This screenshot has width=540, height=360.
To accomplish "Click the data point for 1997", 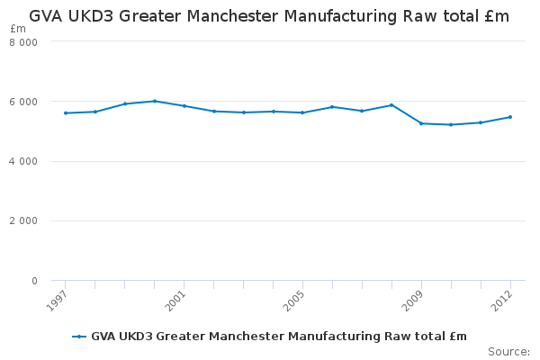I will pos(66,113).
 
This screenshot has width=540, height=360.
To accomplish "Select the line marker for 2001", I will pos(184,106).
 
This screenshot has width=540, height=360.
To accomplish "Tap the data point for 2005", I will pos(302,112).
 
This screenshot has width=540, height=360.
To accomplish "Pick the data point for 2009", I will pos(421,123).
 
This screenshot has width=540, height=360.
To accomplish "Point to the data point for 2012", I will pos(510,117).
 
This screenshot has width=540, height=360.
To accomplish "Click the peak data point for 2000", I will pos(155,101).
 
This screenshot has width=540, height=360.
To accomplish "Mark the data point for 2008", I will pos(391,105).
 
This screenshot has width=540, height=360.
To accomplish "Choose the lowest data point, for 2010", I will pos(451,125).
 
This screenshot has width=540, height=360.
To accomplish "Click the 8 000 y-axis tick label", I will pos(23,42).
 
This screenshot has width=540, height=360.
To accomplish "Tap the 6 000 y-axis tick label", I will pos(23,102).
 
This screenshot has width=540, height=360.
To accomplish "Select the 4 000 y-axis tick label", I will pos(23,162).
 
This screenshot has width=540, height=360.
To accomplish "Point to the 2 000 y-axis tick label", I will pos(23,221).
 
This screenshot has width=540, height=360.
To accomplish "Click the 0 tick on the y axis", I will pos(34,282).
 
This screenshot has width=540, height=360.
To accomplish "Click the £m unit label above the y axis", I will pos(17,29).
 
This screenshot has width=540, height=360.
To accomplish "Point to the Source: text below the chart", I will pos(508,351).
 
